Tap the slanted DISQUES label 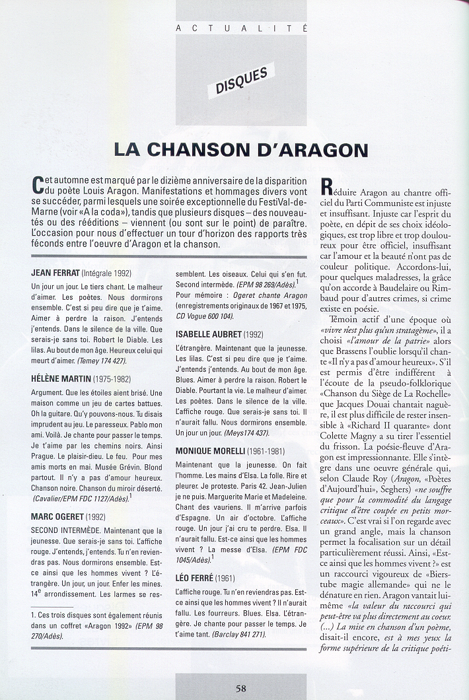pyautogui.click(x=241, y=80)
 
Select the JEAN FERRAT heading pyautogui.click(x=55, y=273)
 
